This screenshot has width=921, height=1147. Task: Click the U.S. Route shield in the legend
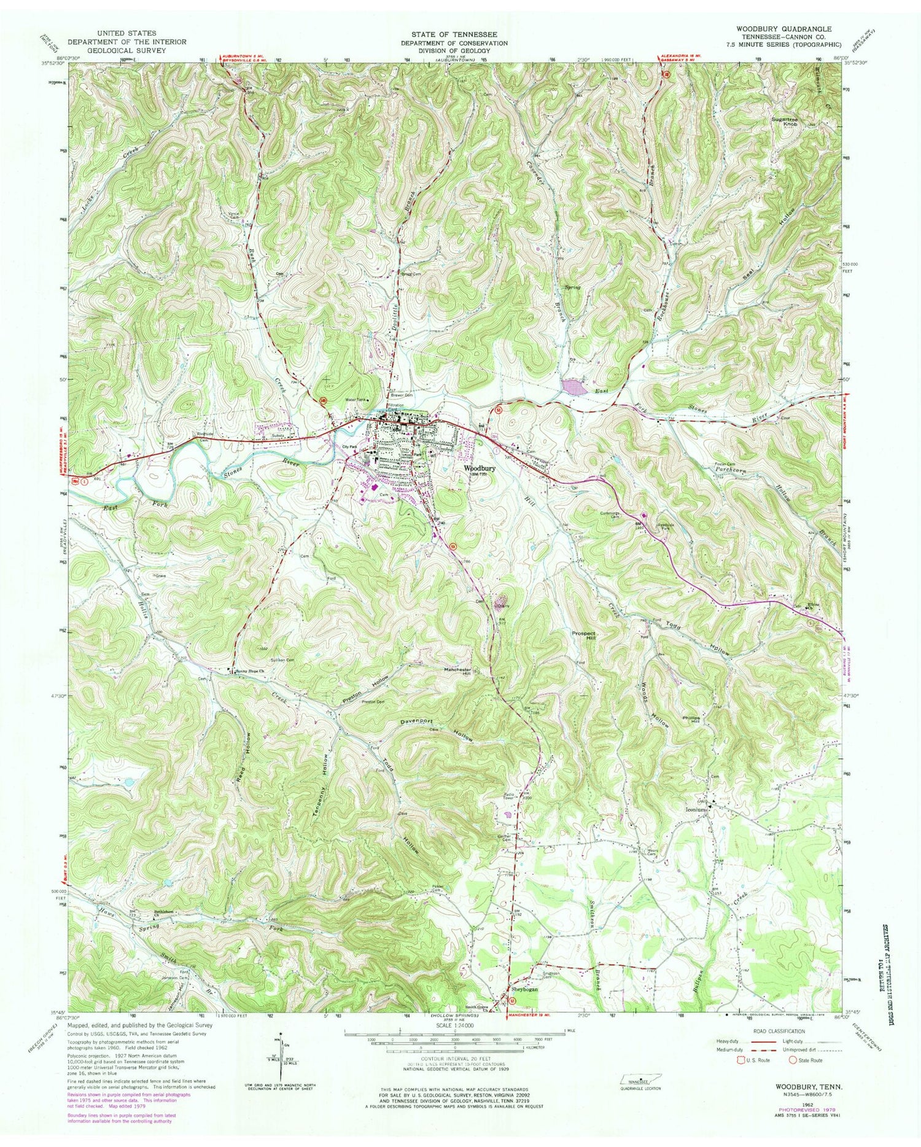pos(742,1060)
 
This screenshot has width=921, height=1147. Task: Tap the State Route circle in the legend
pos(793,1060)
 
